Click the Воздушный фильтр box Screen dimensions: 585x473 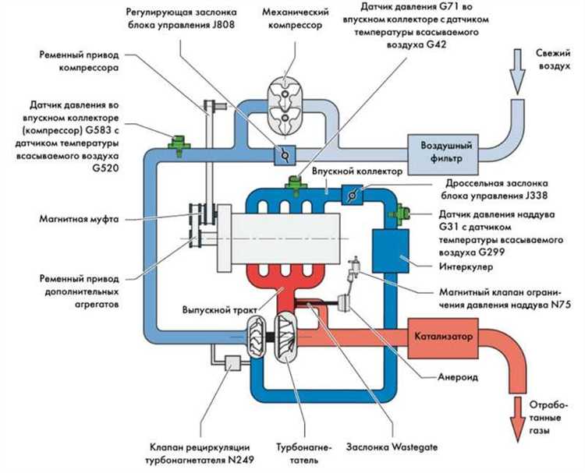pos(442,155)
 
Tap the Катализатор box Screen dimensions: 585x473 pos(443,338)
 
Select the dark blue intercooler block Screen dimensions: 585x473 pos(391,251)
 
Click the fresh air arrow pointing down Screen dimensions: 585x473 pos(517,71)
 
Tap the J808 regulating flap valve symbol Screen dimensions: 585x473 pos(285,155)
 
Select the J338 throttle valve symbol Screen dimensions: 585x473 pos(353,195)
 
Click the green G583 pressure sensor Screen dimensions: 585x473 pos(179,146)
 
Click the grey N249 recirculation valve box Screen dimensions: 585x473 pos(232,363)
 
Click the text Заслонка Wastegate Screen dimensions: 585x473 pos(392,447)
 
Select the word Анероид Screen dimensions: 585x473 pos(458,377)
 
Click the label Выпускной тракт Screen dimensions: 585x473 pos(220,309)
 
